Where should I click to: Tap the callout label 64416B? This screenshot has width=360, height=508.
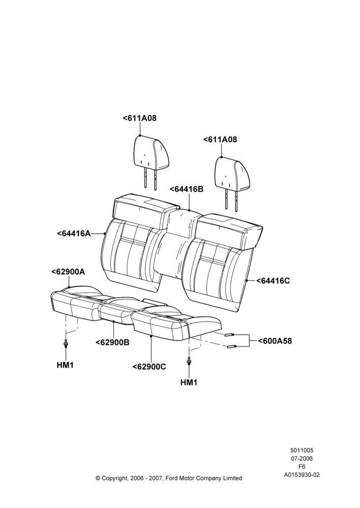click(187, 189)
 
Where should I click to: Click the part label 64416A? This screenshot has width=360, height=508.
click(74, 233)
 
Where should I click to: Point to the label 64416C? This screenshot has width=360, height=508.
click(273, 280)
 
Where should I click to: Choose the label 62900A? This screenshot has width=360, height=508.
click(68, 272)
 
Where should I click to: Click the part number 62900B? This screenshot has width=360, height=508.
click(112, 342)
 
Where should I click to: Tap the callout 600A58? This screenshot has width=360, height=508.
click(275, 341)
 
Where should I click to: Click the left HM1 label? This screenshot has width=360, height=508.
click(65, 365)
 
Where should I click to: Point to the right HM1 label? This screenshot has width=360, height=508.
click(189, 383)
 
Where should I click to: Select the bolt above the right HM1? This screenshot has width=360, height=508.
click(189, 361)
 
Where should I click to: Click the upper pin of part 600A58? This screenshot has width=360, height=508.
click(230, 334)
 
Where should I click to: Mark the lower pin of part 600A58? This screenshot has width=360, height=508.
click(232, 346)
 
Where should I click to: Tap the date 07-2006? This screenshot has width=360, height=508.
click(302, 458)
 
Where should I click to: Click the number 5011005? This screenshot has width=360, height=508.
click(302, 450)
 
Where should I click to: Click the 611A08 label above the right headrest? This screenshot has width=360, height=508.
click(220, 140)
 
